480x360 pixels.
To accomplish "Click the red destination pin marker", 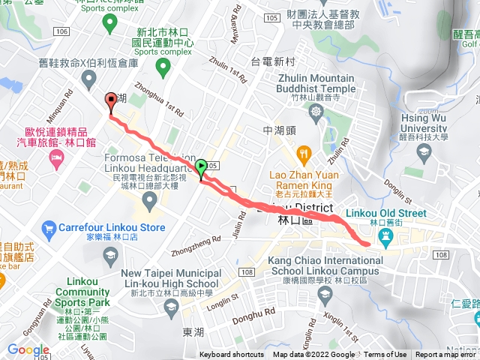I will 111,101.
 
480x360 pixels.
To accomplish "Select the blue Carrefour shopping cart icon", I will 49,227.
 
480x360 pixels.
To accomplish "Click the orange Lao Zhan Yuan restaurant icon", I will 304,156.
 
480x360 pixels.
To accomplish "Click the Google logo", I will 28,350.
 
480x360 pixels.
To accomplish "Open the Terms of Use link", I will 385,355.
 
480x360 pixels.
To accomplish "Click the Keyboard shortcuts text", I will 232,355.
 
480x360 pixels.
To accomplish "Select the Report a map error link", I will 447,355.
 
